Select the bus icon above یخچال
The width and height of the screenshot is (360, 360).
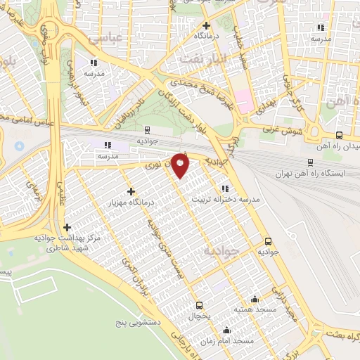[200, 305]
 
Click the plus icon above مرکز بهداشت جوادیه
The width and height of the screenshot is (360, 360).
[67, 227]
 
